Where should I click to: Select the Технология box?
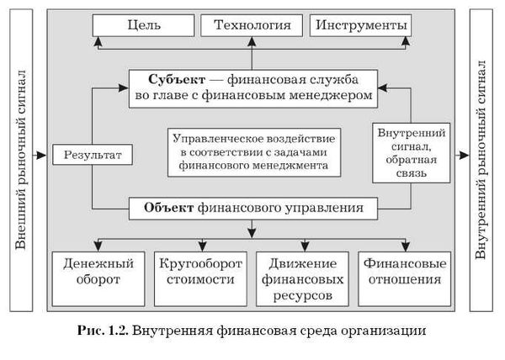[252, 25]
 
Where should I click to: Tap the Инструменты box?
[361, 25]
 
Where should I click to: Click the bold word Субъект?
[174, 80]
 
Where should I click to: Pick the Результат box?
[92, 155]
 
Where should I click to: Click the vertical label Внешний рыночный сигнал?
[21, 156]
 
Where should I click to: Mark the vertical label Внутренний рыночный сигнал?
[482, 156]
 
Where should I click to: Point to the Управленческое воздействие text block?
[252, 152]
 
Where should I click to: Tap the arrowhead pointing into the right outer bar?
[463, 155]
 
